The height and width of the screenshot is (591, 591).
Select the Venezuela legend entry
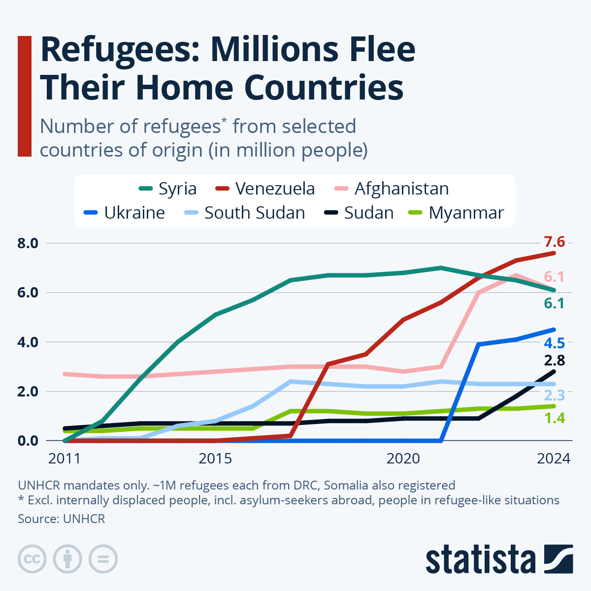click(266, 189)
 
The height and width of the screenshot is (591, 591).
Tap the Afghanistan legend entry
click(392, 189)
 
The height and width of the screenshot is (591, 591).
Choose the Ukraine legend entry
click(125, 213)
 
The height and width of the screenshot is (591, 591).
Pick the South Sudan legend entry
click(245, 213)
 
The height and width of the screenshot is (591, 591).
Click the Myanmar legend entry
click(457, 213)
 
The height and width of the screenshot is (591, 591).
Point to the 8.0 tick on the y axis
click(28, 243)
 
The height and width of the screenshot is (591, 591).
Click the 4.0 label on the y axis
click(28, 342)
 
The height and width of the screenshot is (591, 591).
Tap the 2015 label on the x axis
click(215, 459)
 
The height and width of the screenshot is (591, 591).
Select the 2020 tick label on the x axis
click(403, 459)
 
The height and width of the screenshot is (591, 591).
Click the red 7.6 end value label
click(554, 242)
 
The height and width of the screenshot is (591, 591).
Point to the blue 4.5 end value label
click(554, 343)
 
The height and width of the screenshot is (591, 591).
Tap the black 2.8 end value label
click(554, 361)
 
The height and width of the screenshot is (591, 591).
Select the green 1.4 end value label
click(554, 419)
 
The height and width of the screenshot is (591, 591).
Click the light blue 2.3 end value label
click(554, 395)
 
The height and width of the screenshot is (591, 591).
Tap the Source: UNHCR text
click(62, 519)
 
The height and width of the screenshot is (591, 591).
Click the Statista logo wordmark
click(481, 560)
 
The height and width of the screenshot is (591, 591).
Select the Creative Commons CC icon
click(33, 559)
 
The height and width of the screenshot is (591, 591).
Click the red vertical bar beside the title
click(25, 96)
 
